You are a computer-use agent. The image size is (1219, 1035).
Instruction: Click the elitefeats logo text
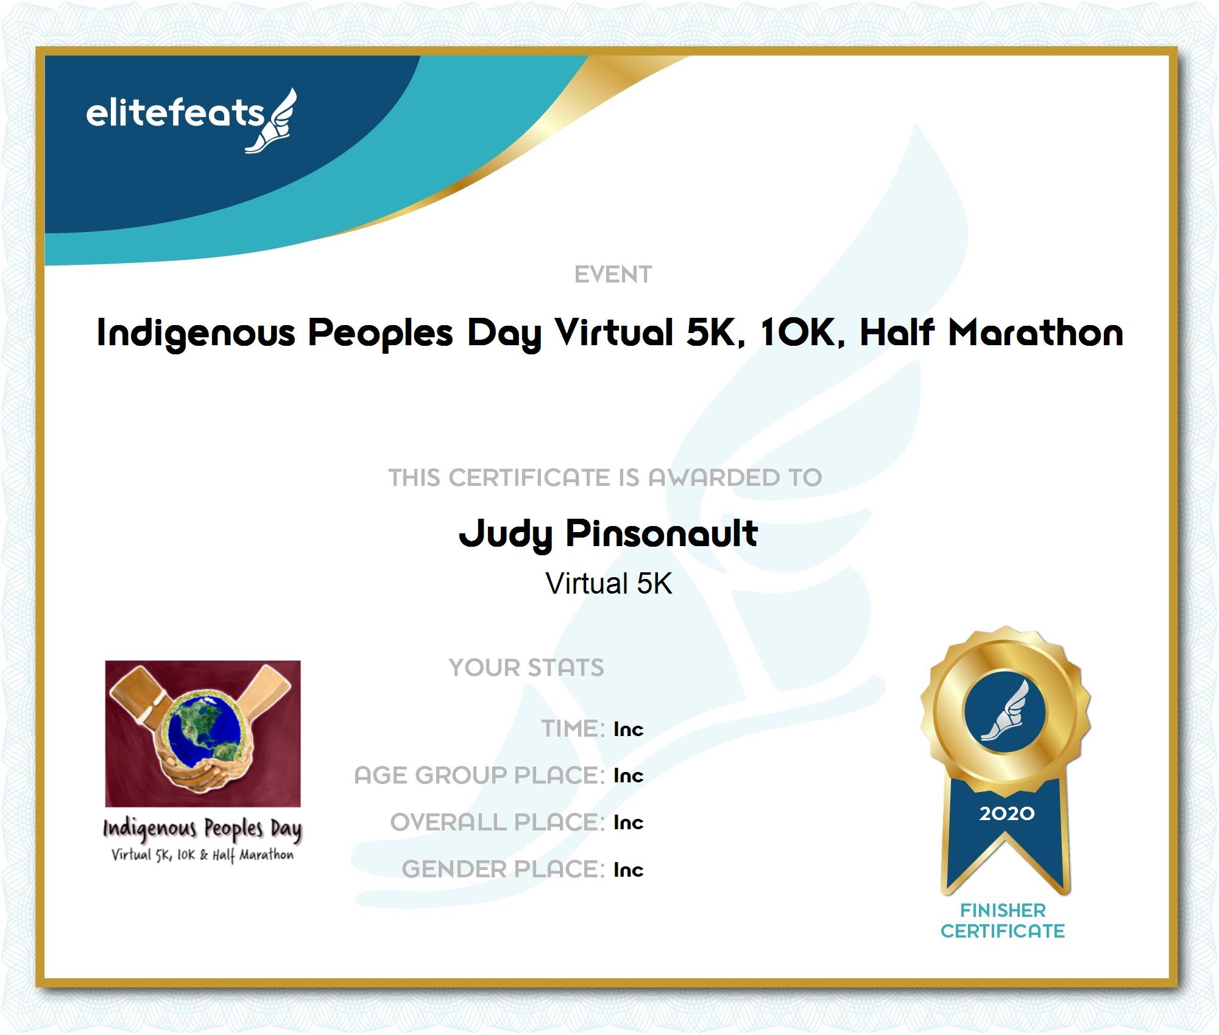175,114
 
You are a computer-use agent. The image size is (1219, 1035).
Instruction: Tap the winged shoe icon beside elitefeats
272,121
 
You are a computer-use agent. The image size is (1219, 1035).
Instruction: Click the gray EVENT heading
613,275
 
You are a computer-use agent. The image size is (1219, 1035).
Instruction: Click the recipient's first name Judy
505,534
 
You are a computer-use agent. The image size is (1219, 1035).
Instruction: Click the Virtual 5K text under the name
609,583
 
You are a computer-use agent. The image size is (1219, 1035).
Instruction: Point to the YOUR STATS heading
526,667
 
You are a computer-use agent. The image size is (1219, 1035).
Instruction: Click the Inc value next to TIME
628,729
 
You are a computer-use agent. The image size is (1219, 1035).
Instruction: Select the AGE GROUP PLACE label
479,775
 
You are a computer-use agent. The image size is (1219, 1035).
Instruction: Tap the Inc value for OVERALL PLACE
628,822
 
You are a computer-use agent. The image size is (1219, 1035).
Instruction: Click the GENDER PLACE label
503,869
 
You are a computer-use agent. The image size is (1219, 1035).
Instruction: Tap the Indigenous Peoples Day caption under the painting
202,829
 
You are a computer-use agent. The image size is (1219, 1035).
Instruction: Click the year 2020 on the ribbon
1006,813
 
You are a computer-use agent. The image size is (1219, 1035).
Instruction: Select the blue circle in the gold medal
1005,711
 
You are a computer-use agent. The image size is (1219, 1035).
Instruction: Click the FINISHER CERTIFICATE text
1003,921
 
